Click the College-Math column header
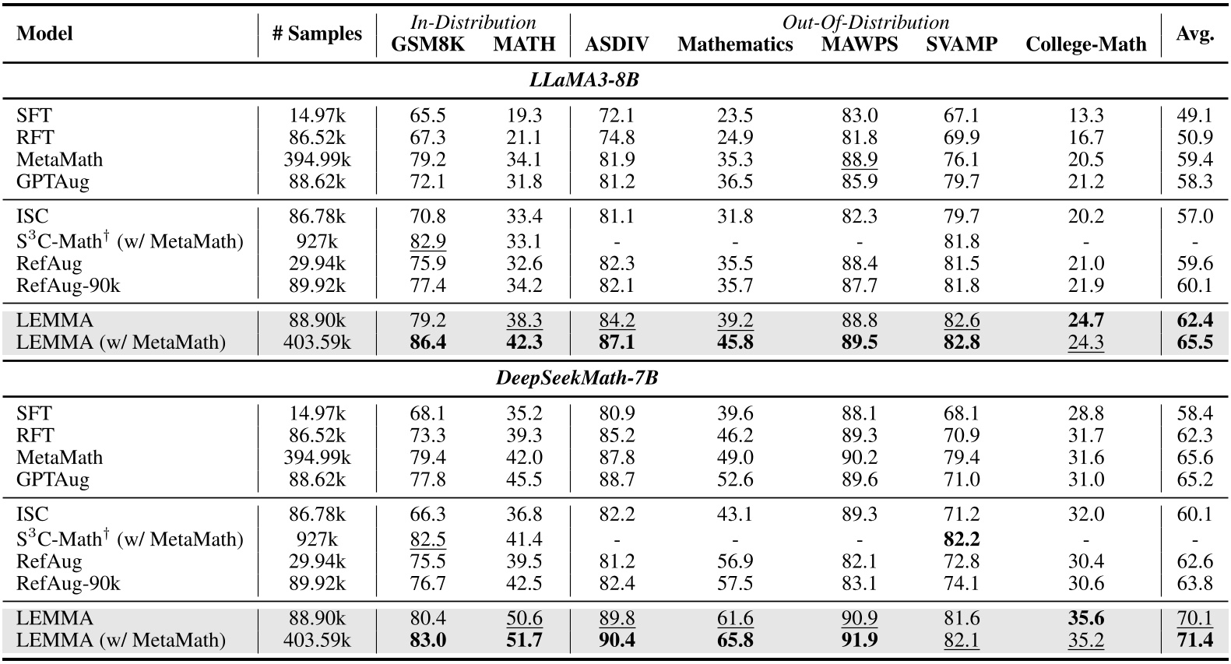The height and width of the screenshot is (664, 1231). pos(1085,44)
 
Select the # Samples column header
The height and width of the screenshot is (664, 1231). pos(317,33)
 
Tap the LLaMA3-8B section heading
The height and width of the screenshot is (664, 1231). pos(583,79)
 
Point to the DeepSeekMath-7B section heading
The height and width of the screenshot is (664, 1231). pos(577,378)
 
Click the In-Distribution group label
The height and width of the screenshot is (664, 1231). pos(473,22)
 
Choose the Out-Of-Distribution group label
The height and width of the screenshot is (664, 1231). pos(865,22)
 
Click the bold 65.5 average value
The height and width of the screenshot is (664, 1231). pos(1194,342)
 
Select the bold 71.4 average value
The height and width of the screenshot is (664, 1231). pos(1194,640)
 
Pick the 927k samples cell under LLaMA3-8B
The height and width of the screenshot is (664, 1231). pos(317,241)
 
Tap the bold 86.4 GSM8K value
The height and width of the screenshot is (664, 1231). pos(427,342)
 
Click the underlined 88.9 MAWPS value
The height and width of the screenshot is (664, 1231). pos(860,159)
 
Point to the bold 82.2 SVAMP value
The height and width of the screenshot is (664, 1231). pos(961,539)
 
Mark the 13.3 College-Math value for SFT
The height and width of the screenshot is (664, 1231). pos(1085,115)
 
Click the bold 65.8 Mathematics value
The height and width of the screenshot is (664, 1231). pos(734,640)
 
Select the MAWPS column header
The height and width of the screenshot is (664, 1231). pos(860,44)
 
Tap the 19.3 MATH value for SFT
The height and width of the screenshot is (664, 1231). pos(524,115)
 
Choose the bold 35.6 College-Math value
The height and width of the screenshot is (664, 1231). pos(1085,618)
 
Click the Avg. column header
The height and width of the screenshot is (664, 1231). pos(1194,33)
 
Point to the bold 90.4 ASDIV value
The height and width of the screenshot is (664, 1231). pos(617,640)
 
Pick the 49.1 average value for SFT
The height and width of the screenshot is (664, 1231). pos(1194,115)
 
